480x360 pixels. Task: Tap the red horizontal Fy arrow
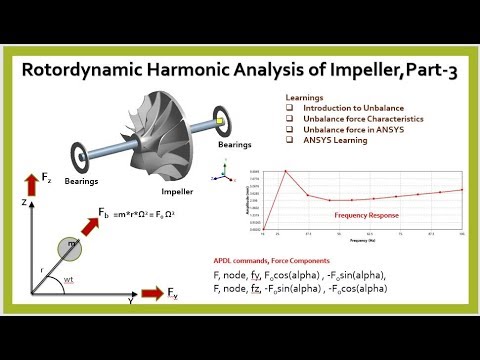150,296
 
